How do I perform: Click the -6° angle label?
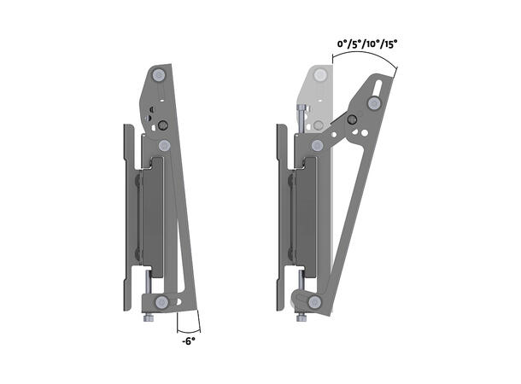click(189, 340)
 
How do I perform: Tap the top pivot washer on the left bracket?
click(159, 76)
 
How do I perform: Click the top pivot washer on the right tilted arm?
click(374, 103)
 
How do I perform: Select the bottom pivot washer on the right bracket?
click(314, 302)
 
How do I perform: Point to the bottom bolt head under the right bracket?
click(301, 318)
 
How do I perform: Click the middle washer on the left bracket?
click(165, 146)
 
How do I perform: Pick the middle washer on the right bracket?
click(318, 146)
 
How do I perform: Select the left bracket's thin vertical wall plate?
click(127, 213)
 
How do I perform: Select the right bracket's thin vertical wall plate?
click(280, 213)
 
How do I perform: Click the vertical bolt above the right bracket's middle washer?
click(301, 114)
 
